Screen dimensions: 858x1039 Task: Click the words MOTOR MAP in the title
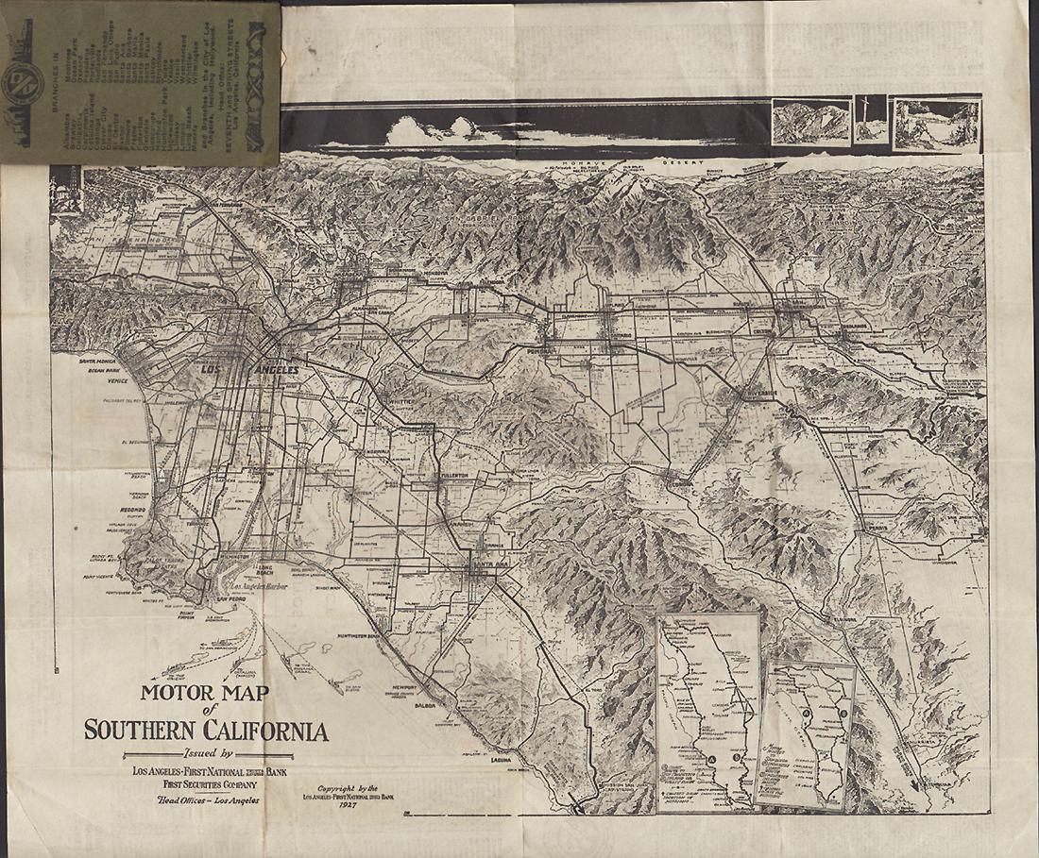pos(204,693)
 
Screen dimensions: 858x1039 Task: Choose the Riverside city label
pos(758,394)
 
